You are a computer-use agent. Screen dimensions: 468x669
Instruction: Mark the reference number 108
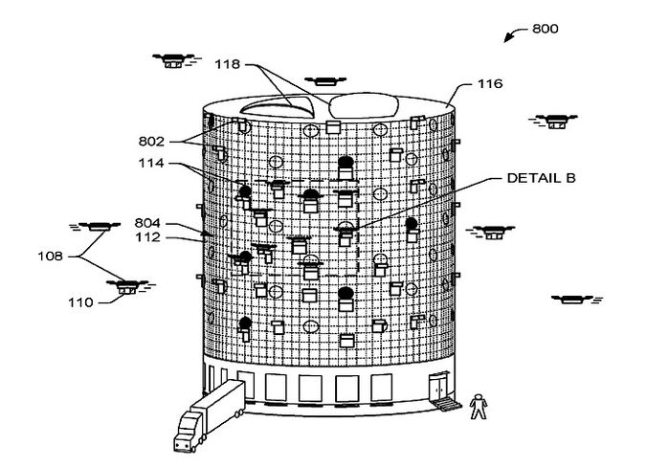(50, 256)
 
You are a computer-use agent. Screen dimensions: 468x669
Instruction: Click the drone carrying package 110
(125, 285)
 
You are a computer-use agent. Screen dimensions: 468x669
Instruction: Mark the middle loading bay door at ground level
(310, 388)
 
